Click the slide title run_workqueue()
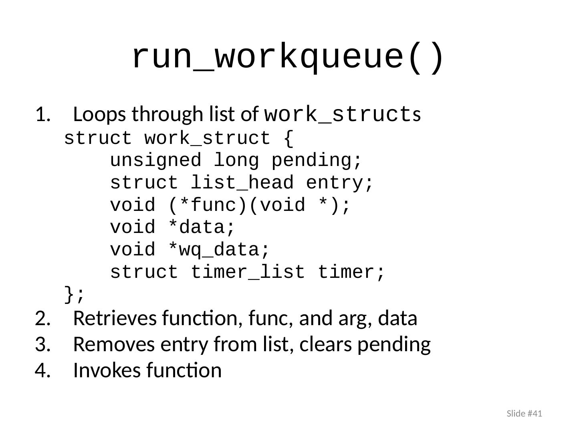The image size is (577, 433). pos(288,57)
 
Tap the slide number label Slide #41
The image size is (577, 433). pos(524,413)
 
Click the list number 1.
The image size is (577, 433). pos(42,115)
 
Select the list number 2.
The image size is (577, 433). pos(42,319)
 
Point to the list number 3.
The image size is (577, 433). pos(42,345)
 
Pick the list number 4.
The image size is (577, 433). pos(42,370)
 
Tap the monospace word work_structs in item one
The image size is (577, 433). pos(343,115)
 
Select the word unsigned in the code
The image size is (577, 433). pos(155,161)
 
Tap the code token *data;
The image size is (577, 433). pos(201,228)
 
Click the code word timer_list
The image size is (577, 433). pos(248,273)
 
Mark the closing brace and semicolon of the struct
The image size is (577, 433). pos(75,295)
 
